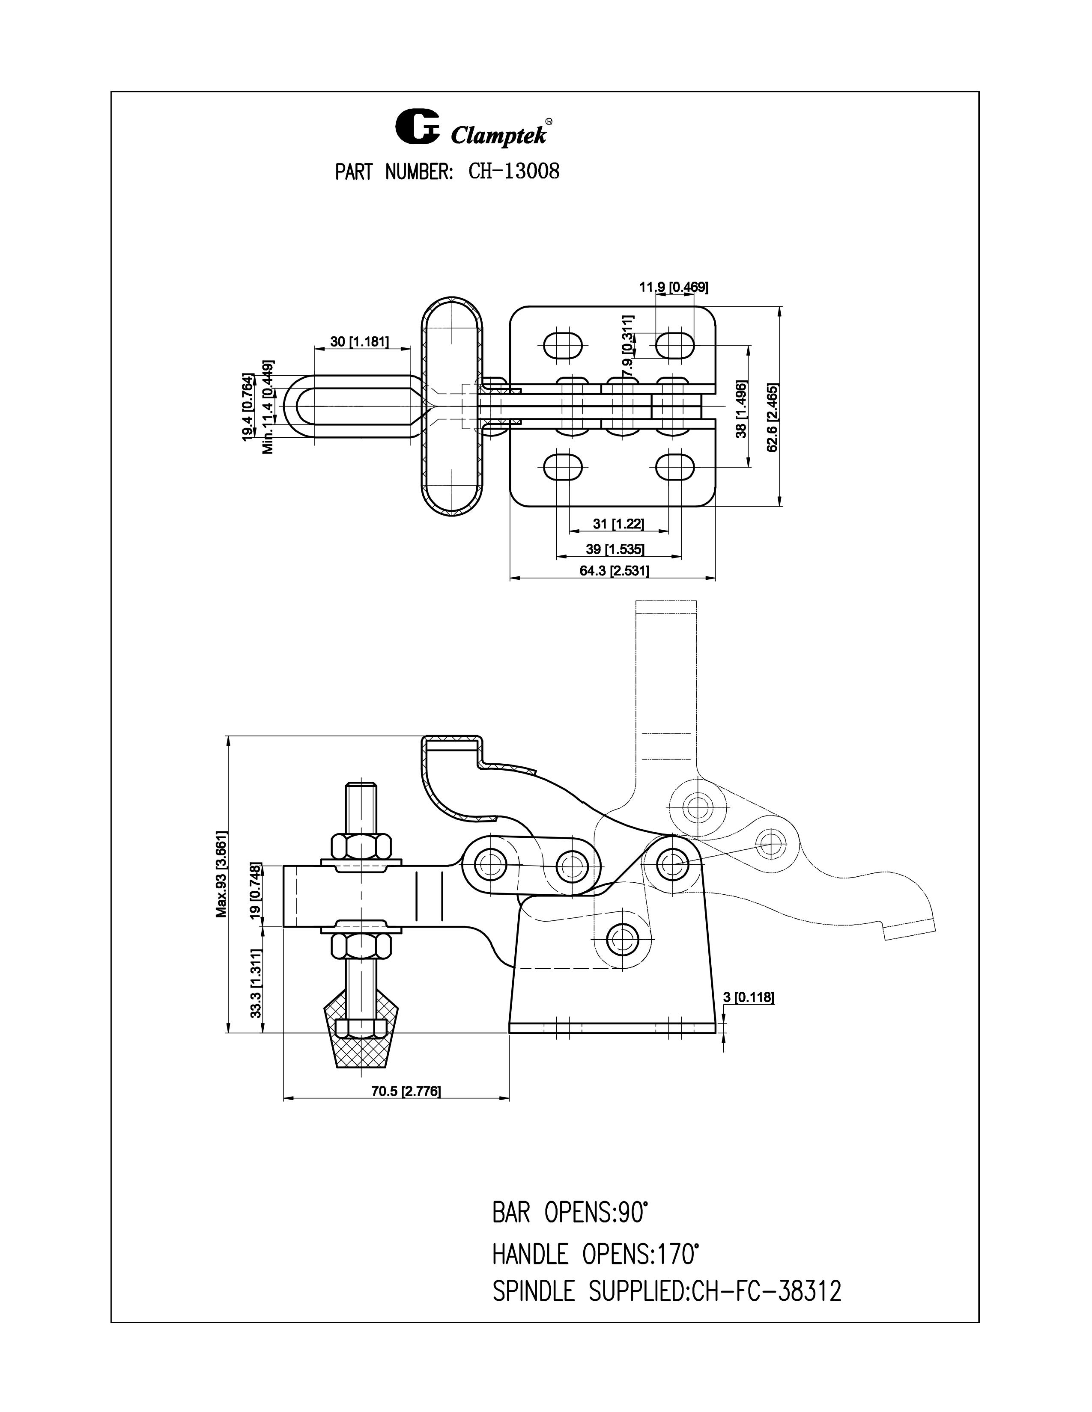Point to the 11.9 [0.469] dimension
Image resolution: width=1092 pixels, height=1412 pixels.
click(674, 287)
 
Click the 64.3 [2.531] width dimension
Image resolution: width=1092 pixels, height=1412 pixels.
click(614, 570)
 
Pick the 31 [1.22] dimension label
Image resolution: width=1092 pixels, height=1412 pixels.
click(618, 523)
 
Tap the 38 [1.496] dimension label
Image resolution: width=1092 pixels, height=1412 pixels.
click(741, 409)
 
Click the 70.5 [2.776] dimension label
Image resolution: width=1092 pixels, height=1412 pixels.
click(406, 1092)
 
